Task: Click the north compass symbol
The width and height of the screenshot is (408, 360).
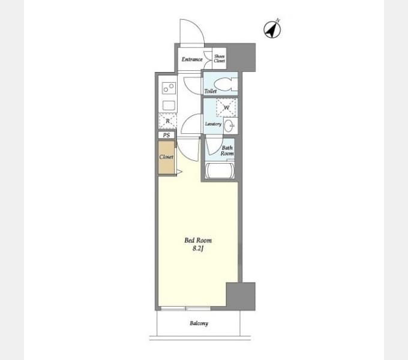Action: (x=272, y=29)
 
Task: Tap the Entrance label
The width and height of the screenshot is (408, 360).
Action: (x=192, y=59)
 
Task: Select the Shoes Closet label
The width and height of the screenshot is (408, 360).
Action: (x=220, y=58)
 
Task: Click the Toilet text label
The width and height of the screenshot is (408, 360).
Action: (x=210, y=91)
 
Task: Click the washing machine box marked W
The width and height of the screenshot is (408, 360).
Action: (x=226, y=108)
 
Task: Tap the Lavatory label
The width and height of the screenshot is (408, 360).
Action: (x=213, y=124)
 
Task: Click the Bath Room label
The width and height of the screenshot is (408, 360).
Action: (x=227, y=150)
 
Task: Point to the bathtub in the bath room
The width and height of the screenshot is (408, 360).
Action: (x=221, y=171)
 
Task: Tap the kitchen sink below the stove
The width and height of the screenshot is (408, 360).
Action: (x=168, y=106)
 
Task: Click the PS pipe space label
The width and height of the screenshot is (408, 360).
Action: (x=167, y=135)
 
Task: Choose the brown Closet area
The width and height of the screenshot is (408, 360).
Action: (x=166, y=157)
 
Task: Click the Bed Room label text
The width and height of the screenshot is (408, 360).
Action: (x=197, y=241)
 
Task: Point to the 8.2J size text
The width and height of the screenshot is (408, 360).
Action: (x=197, y=248)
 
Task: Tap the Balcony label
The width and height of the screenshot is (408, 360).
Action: (x=199, y=324)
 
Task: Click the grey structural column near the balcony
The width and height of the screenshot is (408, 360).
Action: (x=241, y=296)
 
